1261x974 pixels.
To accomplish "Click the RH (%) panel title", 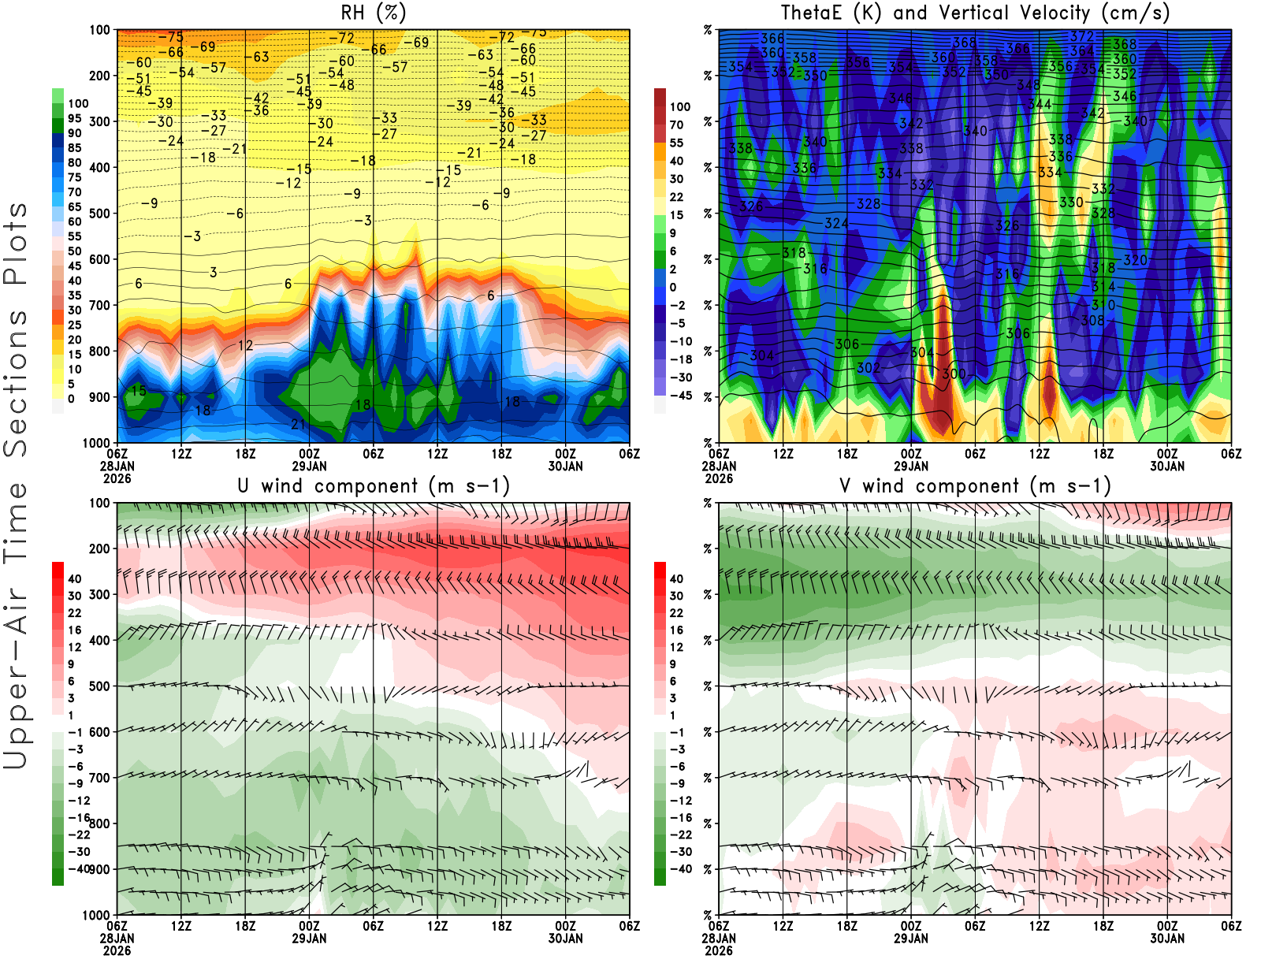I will tap(373, 13).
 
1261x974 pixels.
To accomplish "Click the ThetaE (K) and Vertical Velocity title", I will tap(975, 13).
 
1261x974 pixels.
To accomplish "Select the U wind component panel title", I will tap(374, 485).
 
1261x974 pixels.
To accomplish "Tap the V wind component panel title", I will tap(975, 485).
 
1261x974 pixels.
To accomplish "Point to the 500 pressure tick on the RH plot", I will tap(100, 213).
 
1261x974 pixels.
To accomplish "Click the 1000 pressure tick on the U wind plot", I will tap(97, 915).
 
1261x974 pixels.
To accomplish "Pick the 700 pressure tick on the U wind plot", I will tap(100, 778).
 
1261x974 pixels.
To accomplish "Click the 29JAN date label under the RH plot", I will tap(309, 466).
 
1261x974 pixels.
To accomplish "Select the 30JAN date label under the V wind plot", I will tap(1167, 939).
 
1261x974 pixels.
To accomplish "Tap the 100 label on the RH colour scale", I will tap(78, 103).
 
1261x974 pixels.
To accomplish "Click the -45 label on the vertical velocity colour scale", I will tap(681, 396).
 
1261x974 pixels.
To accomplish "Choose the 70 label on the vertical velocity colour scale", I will tap(676, 125).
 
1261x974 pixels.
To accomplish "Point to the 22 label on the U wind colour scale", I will tap(74, 612).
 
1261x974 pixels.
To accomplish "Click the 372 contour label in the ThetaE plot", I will tap(1082, 36).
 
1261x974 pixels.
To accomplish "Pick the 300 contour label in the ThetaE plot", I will tap(954, 374).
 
